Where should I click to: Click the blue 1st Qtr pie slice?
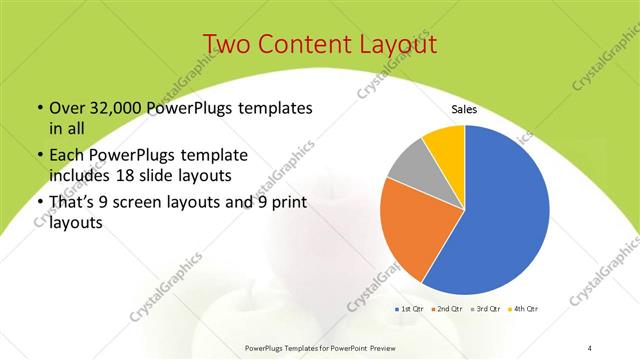(500, 210)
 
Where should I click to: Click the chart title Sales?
(464, 109)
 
